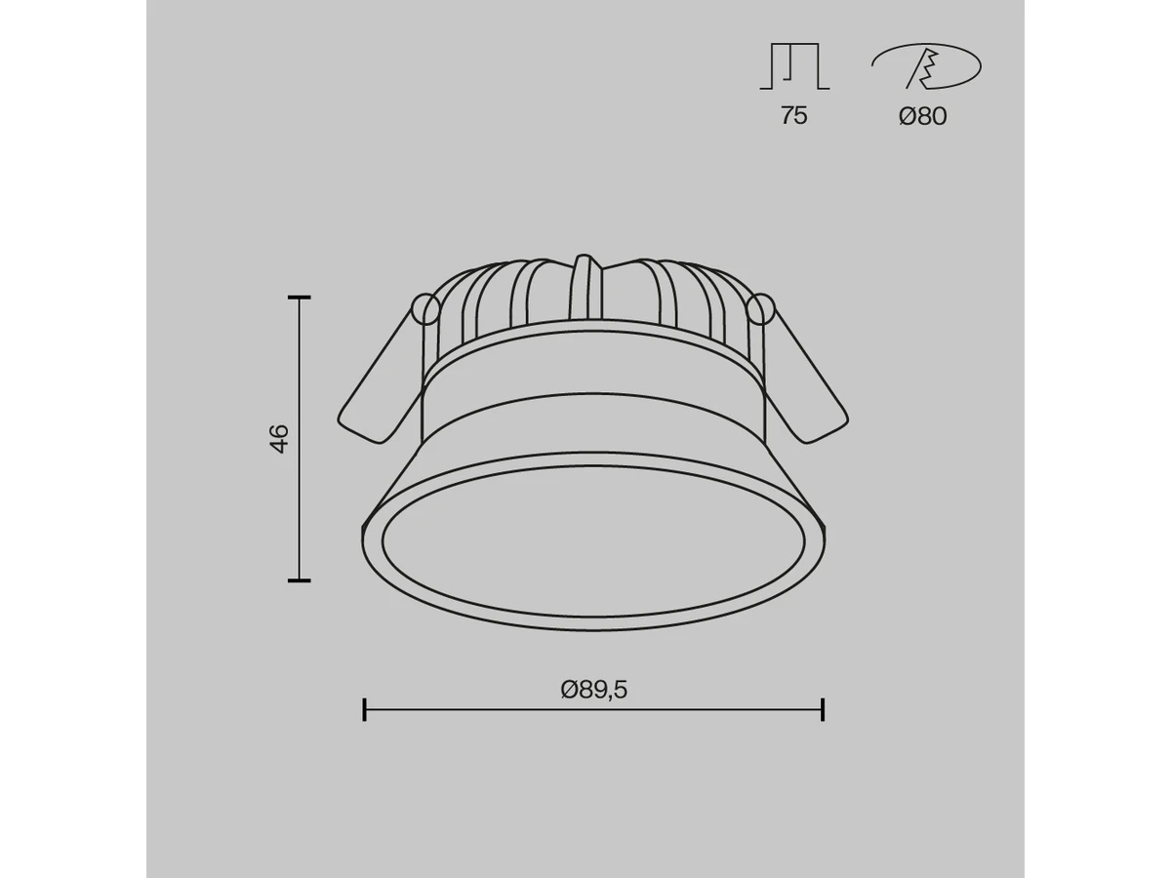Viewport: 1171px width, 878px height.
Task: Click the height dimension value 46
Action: point(279,438)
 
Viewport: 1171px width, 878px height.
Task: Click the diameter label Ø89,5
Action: point(593,690)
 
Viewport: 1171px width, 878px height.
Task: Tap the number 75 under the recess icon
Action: point(793,116)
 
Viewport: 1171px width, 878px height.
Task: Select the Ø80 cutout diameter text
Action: point(922,116)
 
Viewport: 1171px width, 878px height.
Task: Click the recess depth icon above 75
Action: point(794,65)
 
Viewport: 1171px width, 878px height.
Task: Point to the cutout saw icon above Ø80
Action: point(926,66)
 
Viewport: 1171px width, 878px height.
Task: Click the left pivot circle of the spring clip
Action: point(425,308)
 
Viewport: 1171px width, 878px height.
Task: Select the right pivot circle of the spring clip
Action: point(760,308)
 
